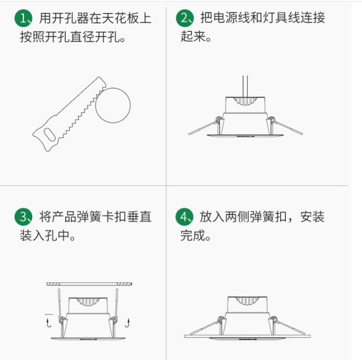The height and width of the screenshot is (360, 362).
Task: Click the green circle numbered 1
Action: coord(23,18)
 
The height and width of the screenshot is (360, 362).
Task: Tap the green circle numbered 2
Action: coord(185,18)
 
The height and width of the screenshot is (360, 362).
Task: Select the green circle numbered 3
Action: coord(23,217)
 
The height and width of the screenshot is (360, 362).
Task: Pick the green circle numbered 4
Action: coord(185,217)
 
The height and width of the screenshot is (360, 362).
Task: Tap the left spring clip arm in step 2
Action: coord(203,127)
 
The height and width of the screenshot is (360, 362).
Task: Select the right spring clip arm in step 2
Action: coord(286,126)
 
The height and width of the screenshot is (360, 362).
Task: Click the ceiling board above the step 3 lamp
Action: coord(89,284)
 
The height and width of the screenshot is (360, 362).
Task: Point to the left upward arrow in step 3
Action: coord(49,323)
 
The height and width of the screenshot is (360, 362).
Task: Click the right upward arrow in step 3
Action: coord(127,323)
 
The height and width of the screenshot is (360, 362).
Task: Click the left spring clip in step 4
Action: coord(206,326)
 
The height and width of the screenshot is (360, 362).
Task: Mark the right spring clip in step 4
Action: coord(288,326)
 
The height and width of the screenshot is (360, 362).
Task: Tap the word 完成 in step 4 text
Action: coord(192,235)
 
